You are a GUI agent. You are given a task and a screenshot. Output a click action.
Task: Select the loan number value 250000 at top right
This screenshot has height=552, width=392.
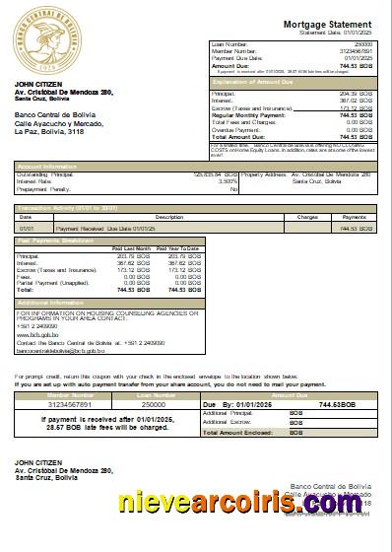(363, 45)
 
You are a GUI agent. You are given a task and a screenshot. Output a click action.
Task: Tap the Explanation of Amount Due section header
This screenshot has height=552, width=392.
(258, 83)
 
